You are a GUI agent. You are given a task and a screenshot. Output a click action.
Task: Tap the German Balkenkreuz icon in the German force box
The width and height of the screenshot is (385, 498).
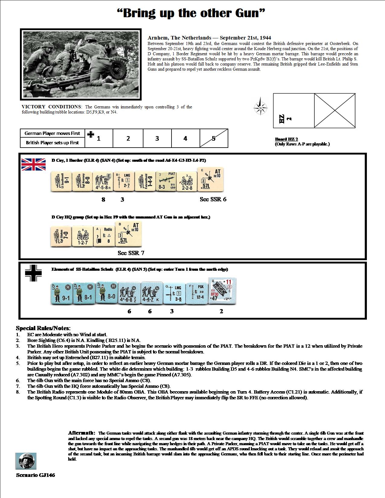[x=34, y=273]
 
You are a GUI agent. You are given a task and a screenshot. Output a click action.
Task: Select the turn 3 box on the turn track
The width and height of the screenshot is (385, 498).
[x=157, y=138]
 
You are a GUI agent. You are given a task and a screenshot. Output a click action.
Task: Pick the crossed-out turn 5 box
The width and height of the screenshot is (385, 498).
[x=214, y=138]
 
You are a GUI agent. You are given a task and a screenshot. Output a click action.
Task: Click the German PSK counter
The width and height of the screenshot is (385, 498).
[x=197, y=292]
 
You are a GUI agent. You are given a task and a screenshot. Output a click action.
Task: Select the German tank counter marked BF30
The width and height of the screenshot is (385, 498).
[x=223, y=292]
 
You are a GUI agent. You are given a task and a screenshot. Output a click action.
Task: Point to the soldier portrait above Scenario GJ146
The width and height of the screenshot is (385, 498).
[x=26, y=461]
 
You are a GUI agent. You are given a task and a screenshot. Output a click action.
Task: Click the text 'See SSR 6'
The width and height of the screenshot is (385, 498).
[x=213, y=199]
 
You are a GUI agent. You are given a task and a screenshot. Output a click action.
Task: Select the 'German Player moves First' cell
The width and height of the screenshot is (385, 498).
[x=52, y=133]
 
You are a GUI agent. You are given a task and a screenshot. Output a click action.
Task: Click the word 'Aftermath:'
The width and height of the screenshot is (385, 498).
[x=82, y=433]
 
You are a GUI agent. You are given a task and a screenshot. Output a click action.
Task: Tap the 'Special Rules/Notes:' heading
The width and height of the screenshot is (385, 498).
[x=43, y=328]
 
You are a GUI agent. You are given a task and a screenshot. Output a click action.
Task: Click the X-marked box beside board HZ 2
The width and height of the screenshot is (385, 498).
[x=335, y=110]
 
